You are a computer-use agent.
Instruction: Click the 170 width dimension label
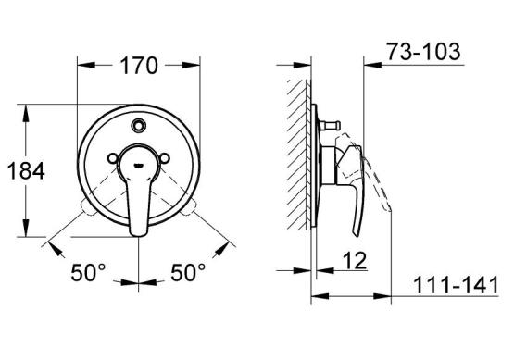(x=139, y=66)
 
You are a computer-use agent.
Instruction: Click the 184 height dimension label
(x=26, y=171)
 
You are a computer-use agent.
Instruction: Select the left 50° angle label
(x=89, y=272)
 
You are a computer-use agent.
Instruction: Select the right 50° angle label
(x=188, y=272)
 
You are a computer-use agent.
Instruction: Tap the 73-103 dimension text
(x=423, y=52)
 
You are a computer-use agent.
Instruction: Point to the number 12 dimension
(x=355, y=261)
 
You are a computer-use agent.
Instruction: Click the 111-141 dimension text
(x=456, y=285)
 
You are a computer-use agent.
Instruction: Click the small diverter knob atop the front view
(x=139, y=125)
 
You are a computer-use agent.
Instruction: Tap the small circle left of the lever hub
(x=113, y=158)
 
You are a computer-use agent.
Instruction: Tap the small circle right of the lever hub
(x=165, y=158)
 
